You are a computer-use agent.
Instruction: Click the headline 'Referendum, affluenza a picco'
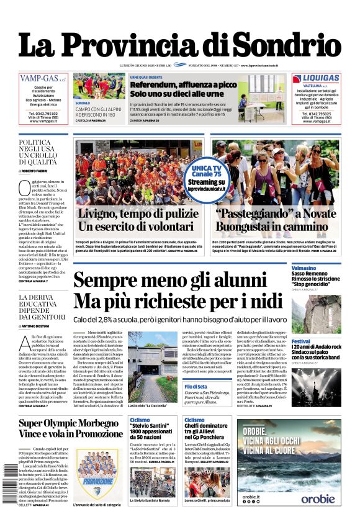click(x=183, y=84)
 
